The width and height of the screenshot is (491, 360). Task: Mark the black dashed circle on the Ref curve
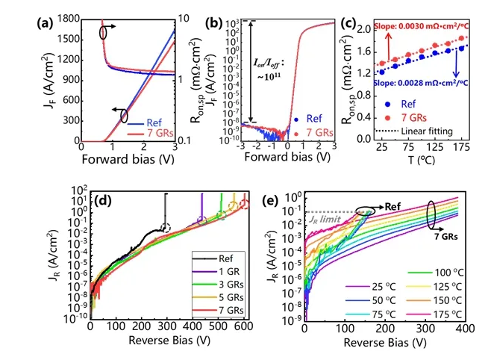tap(166, 228)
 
